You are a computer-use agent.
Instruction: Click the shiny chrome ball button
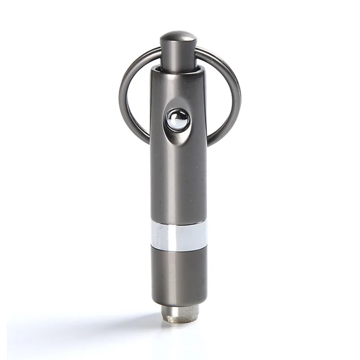click(x=177, y=120)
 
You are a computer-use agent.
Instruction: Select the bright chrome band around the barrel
click(x=179, y=236)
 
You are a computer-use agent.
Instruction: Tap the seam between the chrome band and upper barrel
click(x=179, y=222)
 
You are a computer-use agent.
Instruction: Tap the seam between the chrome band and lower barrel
click(x=179, y=249)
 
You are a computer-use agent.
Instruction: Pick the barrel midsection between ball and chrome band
click(x=178, y=182)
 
